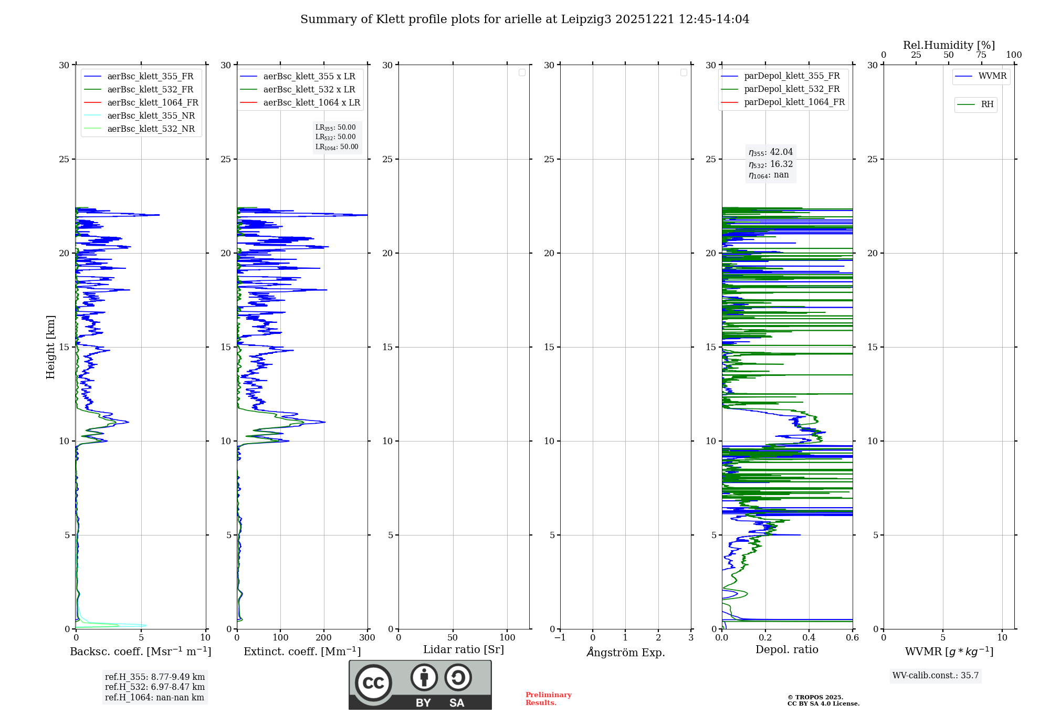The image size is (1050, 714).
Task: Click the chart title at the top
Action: point(524,19)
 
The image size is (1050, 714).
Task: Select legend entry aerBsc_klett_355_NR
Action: point(151,115)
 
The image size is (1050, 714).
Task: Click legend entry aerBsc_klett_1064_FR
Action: point(152,102)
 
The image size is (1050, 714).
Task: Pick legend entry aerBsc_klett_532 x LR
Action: point(309,89)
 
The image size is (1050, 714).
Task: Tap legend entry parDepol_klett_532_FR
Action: point(792,89)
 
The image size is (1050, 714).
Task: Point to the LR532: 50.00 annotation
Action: point(335,137)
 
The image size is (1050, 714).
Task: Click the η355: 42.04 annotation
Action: point(771,152)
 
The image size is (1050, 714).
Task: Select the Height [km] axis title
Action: point(50,347)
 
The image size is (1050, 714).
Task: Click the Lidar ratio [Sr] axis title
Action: point(463,649)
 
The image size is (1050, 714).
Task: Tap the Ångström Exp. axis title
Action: point(625,652)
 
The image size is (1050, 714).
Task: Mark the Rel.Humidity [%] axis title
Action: point(949,45)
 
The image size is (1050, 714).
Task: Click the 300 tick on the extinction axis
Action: point(367,638)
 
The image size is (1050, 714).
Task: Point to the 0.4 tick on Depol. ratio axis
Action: point(808,638)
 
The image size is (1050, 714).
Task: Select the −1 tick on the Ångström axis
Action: point(560,638)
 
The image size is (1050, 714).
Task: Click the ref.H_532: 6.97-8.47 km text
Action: point(154,687)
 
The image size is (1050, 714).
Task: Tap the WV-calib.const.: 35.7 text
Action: point(936,675)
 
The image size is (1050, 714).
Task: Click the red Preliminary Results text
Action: point(548,698)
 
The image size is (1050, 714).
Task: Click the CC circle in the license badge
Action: point(373,682)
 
